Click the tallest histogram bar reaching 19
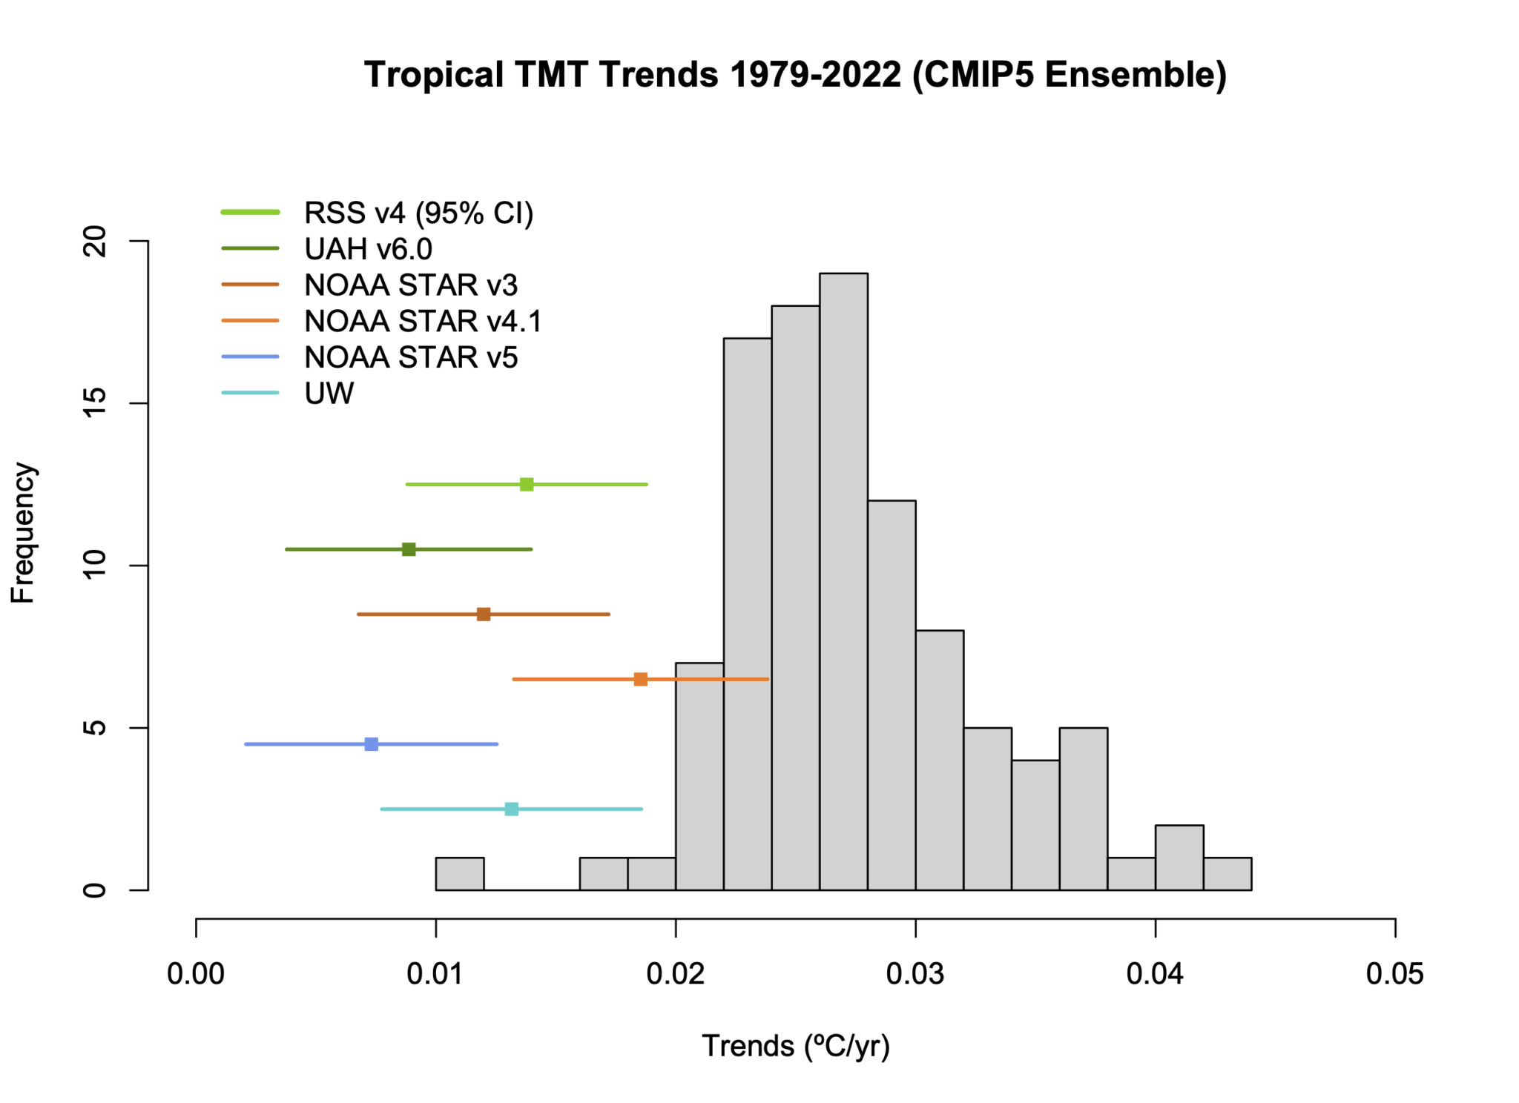tap(843, 582)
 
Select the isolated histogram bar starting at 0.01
tap(460, 874)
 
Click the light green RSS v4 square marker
tap(527, 484)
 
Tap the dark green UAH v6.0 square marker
tap(409, 549)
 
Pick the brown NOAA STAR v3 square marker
tap(484, 614)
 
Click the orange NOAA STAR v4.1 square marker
tap(641, 679)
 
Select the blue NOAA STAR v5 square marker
tap(372, 743)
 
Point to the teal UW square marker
tap(512, 809)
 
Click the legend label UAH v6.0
tap(368, 249)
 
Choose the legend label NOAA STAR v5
tap(411, 357)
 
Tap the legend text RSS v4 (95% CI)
tap(418, 213)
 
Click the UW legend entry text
tap(329, 394)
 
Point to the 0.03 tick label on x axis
tap(915, 974)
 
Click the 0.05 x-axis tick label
tap(1394, 974)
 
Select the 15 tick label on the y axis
tap(95, 403)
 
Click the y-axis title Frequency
tap(22, 533)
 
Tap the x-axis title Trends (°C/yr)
tap(795, 1046)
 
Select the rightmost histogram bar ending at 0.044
tap(1228, 874)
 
